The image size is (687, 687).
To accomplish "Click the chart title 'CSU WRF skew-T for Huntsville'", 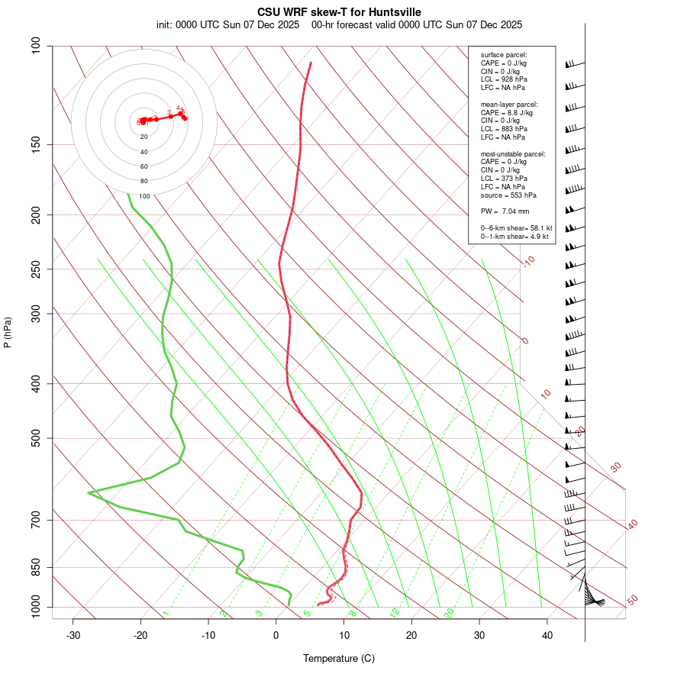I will (339, 12).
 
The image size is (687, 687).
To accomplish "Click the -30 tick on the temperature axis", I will (73, 635).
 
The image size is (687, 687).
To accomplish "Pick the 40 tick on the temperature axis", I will (547, 635).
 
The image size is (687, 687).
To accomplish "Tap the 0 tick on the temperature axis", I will (276, 635).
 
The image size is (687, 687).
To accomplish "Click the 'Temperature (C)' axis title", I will (339, 658).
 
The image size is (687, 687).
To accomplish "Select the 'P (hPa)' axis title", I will (8, 333).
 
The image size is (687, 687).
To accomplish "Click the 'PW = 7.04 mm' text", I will (505, 211).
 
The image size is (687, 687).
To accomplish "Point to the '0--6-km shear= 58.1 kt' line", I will (516, 228).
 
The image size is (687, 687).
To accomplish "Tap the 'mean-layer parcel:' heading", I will (509, 104).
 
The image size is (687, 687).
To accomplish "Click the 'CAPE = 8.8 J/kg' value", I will (507, 112).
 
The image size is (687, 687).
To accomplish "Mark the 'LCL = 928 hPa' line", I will (504, 79).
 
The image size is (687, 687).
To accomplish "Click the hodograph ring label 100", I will (144, 196).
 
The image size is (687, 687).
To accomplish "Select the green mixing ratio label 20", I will (450, 613).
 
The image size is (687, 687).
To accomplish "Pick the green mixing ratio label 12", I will (395, 613).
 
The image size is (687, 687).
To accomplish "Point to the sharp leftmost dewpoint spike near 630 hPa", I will (89, 493).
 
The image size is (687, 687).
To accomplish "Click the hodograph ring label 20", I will (144, 137).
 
